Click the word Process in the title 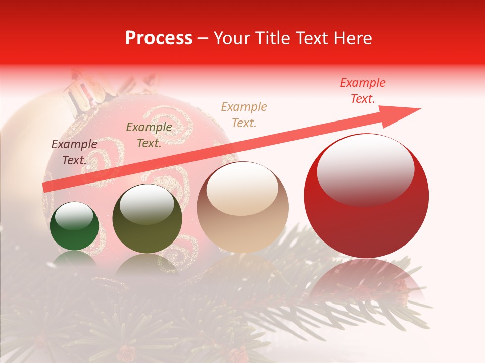tap(159, 38)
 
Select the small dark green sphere tap(74, 226)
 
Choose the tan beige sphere tap(243, 207)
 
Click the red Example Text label tap(362, 91)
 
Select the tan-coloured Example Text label tap(244, 114)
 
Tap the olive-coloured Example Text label tap(149, 135)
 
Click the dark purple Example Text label tap(74, 152)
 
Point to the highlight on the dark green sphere tap(74, 217)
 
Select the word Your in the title tap(230, 38)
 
